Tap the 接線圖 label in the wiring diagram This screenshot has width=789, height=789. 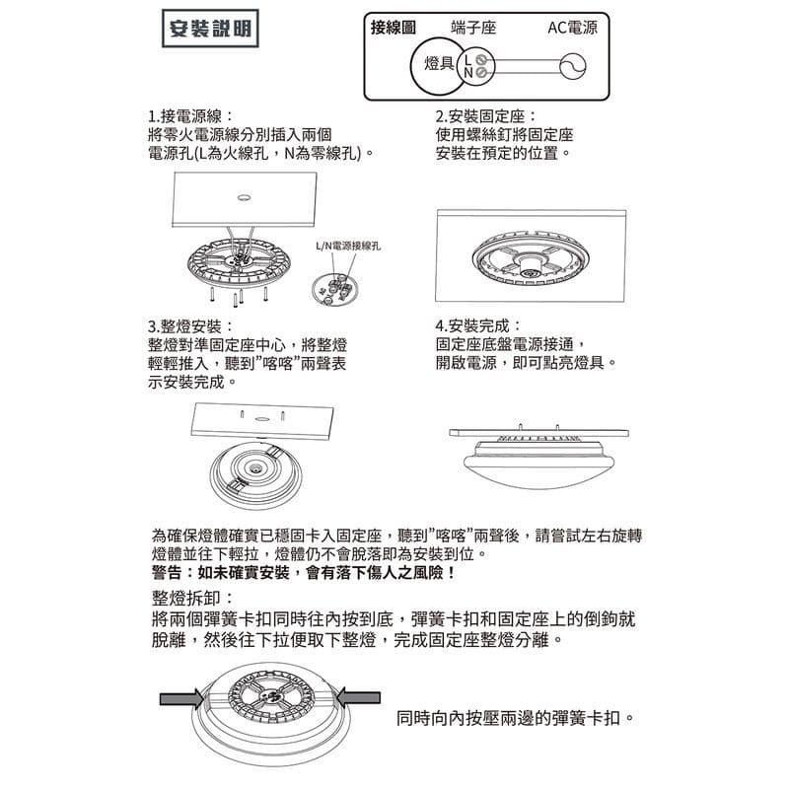point(393,28)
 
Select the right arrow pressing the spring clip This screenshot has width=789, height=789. point(362,698)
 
